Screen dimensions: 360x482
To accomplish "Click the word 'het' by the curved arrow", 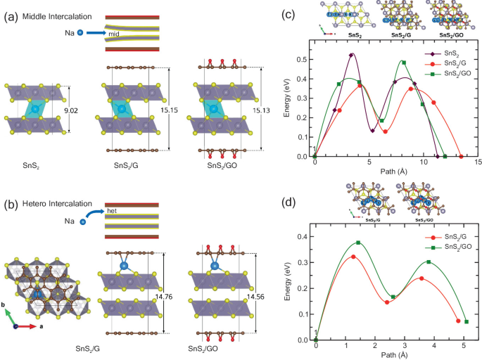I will click(x=112, y=210).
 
